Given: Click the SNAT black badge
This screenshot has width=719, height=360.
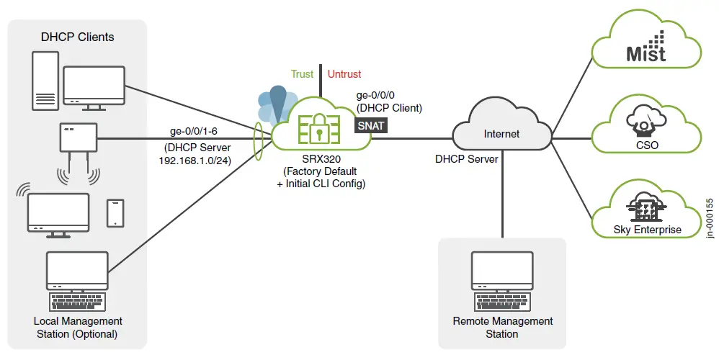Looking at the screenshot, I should [x=372, y=126].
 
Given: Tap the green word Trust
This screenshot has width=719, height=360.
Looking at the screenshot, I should [x=302, y=74].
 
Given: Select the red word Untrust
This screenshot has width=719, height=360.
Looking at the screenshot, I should [x=344, y=74].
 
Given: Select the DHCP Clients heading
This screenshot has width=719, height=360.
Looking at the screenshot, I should [x=77, y=37].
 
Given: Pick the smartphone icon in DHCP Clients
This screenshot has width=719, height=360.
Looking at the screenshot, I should [x=115, y=212].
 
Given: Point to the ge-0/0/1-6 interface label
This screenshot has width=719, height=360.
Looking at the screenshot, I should [x=195, y=131].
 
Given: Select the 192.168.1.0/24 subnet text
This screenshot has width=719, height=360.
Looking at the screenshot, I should [x=195, y=160].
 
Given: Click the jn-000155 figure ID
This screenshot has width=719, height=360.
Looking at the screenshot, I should [x=709, y=217].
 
